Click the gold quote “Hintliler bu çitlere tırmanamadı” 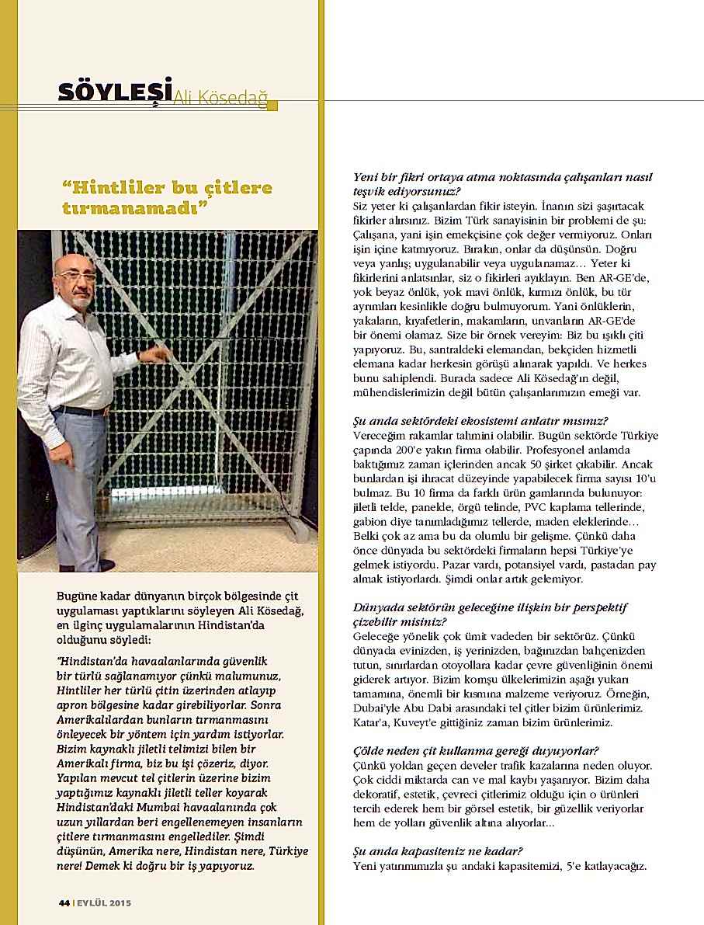tap(167, 198)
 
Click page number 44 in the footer tap(64, 902)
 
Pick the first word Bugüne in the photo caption tap(76, 596)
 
